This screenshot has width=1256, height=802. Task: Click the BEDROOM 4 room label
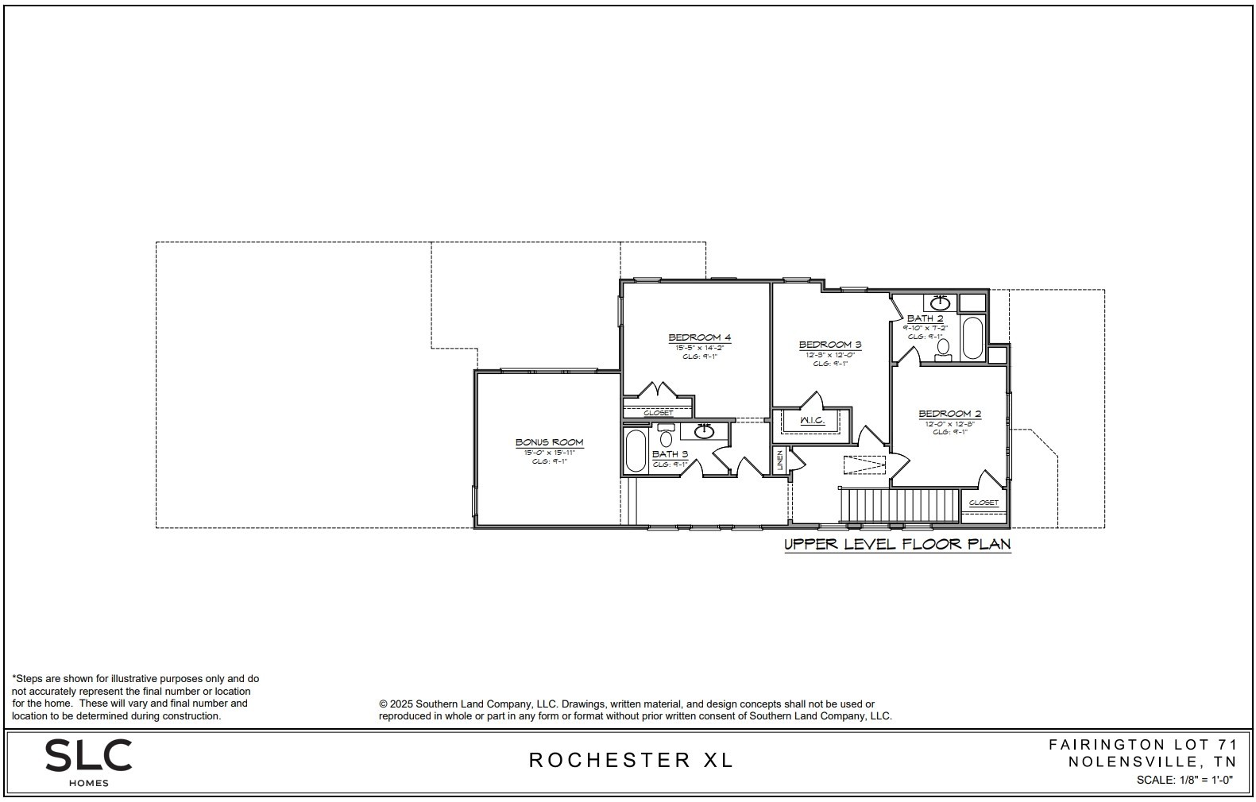pyautogui.click(x=699, y=337)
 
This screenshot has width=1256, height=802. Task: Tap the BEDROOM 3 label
pyautogui.click(x=829, y=345)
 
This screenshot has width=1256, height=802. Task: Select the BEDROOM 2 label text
pyautogui.click(x=949, y=414)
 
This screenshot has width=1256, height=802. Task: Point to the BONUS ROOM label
pyautogui.click(x=549, y=442)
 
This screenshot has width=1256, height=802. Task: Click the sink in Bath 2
pyautogui.click(x=940, y=303)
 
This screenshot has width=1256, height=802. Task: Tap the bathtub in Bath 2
pyautogui.click(x=972, y=338)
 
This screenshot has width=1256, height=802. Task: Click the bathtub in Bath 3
pyautogui.click(x=636, y=451)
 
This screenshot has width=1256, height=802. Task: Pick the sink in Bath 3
pyautogui.click(x=704, y=431)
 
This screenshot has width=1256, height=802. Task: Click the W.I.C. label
pyautogui.click(x=811, y=420)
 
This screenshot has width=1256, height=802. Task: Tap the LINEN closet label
pyautogui.click(x=780, y=461)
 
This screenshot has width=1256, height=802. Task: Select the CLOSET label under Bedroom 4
pyautogui.click(x=658, y=413)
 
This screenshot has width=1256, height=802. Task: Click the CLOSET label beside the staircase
pyautogui.click(x=984, y=503)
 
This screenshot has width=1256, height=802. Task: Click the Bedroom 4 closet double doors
pyautogui.click(x=658, y=391)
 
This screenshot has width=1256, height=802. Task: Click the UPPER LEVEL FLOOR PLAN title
pyautogui.click(x=897, y=545)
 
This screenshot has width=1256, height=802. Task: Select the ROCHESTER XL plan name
pyautogui.click(x=631, y=760)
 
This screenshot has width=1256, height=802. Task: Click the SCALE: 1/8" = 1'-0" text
pyautogui.click(x=1184, y=780)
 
